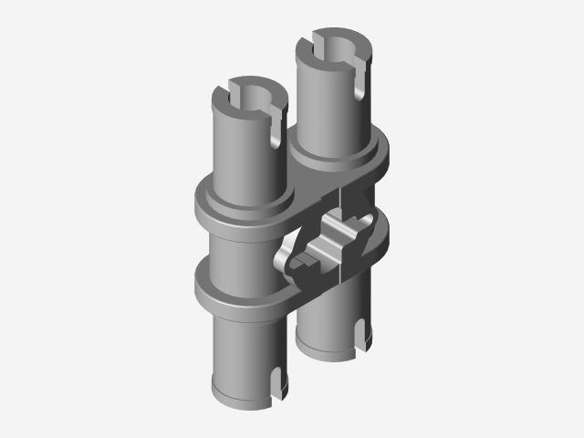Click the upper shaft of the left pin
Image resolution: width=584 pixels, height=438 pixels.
[x=242, y=151]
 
